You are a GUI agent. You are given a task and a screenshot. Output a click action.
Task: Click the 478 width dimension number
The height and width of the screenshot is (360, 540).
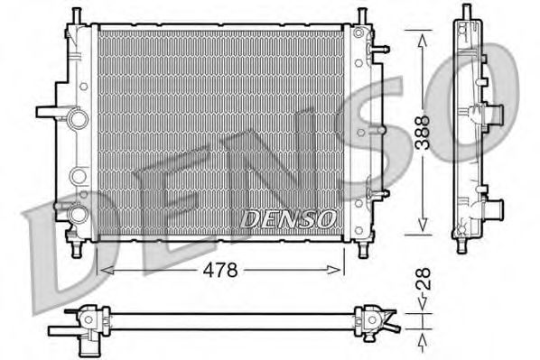click(x=219, y=268)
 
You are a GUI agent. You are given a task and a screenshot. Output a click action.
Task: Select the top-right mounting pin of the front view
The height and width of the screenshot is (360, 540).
click(x=361, y=16)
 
